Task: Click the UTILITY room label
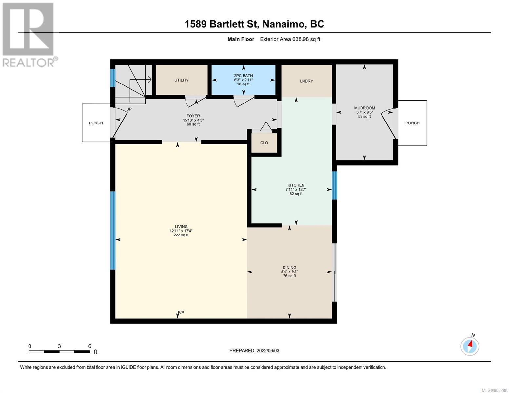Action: (181, 80)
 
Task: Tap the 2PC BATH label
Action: (243, 76)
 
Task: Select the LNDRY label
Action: (306, 81)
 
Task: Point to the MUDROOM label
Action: (364, 108)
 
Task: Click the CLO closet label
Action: (264, 143)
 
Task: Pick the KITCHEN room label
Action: (296, 185)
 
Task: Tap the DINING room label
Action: (289, 267)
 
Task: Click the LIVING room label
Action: (181, 226)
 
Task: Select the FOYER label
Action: (193, 116)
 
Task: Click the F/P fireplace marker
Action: (181, 312)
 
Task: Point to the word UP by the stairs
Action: (129, 109)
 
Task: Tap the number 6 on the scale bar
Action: (90, 346)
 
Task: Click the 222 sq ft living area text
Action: (181, 235)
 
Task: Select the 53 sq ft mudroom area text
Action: (364, 116)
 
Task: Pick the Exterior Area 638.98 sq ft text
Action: (290, 39)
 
